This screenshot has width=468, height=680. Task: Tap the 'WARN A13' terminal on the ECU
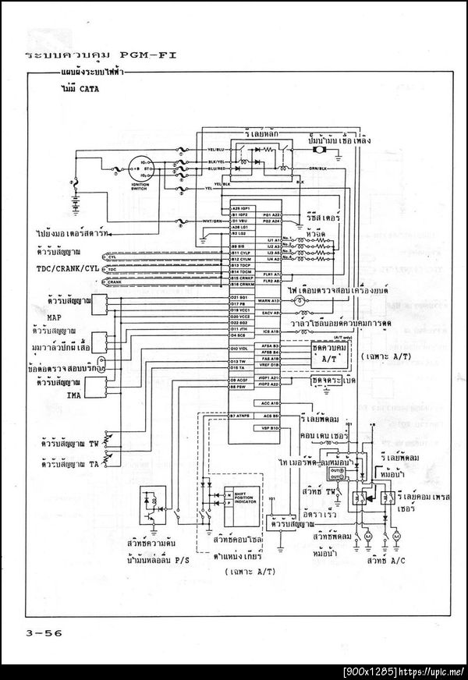tap(270, 299)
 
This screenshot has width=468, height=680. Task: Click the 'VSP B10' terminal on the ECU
tap(270, 428)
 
